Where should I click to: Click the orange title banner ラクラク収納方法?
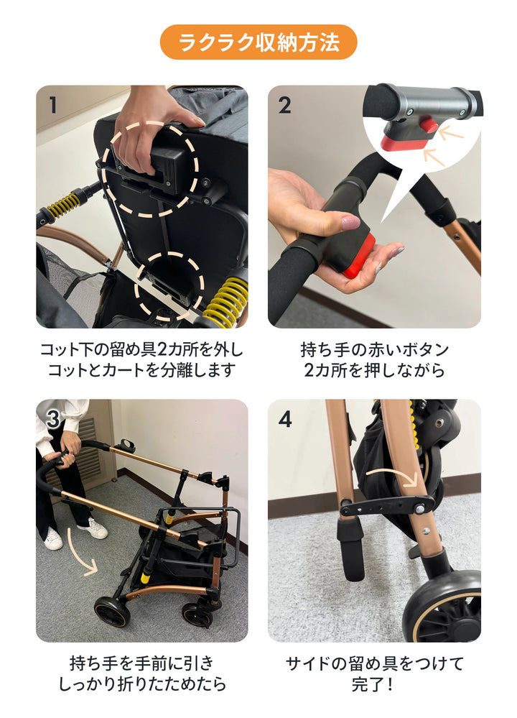coord(258,42)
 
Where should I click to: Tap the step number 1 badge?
coord(53,105)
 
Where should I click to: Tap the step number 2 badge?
coord(285,105)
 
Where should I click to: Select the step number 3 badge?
coord(53,419)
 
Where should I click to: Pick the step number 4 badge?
coord(285,419)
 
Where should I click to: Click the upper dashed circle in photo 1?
coord(149,169)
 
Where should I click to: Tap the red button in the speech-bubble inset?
coord(429,126)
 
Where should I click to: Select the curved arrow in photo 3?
coord(82,553)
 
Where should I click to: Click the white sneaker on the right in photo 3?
coord(93,530)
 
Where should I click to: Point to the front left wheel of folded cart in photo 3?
coord(112,611)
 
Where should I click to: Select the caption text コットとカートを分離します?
coord(142,371)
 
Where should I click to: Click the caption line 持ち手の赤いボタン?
coord(374,350)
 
